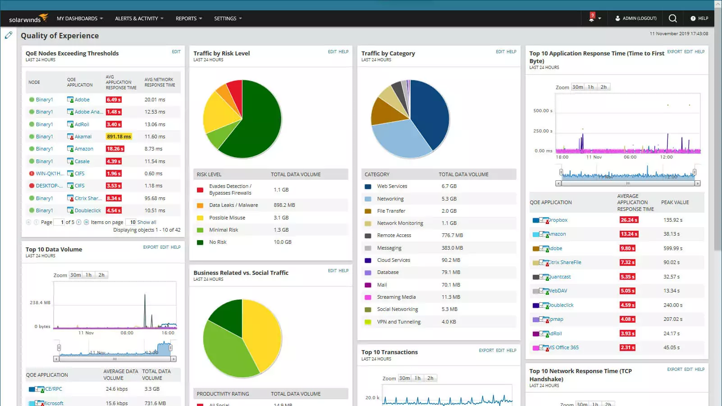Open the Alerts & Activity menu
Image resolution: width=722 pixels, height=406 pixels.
(x=139, y=18)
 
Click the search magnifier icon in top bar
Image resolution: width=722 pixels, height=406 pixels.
(x=672, y=18)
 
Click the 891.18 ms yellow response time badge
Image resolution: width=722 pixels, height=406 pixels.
(x=119, y=137)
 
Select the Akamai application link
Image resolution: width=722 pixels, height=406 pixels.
(x=83, y=137)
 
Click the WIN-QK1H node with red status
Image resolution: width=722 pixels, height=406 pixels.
(x=49, y=173)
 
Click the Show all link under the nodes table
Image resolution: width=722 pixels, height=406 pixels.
(x=146, y=222)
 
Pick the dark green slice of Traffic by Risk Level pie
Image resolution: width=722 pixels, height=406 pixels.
(x=257, y=126)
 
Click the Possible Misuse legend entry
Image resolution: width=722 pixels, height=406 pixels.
(x=227, y=218)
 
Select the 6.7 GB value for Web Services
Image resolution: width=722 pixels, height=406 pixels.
(x=449, y=186)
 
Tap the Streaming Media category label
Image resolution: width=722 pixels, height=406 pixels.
(x=396, y=297)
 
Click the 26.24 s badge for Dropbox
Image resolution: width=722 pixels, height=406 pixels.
(x=628, y=220)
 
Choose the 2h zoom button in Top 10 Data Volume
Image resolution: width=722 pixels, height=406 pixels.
(x=101, y=275)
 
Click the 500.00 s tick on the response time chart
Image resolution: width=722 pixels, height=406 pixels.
(x=543, y=110)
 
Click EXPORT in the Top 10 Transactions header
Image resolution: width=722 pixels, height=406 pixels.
(x=486, y=350)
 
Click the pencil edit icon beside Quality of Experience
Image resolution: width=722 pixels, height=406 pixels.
(x=9, y=35)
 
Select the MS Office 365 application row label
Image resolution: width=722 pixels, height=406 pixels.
(x=563, y=347)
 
